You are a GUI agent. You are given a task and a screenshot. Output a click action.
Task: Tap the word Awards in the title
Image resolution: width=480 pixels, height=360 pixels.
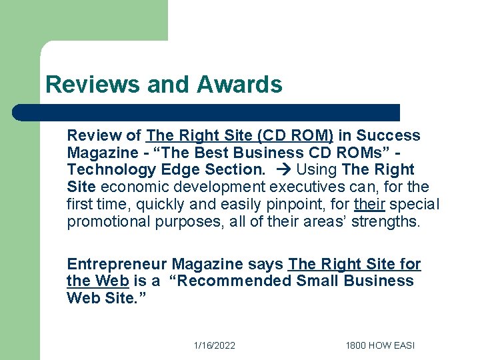pos(239,85)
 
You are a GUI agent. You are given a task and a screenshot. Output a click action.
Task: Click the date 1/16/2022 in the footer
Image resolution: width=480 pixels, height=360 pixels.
pos(214,345)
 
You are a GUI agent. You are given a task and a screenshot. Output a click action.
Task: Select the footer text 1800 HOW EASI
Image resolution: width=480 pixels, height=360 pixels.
pos(379,345)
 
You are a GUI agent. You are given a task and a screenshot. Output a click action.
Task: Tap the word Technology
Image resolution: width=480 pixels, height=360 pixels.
pos(106,169)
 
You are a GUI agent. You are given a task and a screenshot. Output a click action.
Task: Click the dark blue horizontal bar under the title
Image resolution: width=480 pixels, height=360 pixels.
pos(207,112)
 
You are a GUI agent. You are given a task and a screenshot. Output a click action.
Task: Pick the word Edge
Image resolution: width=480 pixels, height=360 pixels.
pos(169,169)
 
